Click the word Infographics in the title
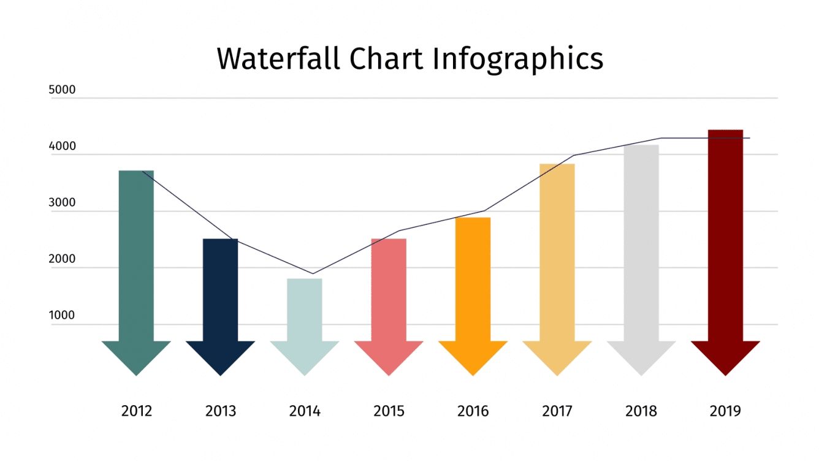point(518,59)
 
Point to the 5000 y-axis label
point(62,90)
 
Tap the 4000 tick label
point(62,147)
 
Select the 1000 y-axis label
point(62,316)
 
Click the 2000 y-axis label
point(62,259)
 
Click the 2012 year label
point(136,411)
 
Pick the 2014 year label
point(305,411)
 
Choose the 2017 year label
point(557,411)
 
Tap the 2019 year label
point(725,411)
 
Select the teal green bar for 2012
point(136,257)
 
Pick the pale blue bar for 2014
point(305,310)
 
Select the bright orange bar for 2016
point(473,279)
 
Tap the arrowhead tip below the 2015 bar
point(389,374)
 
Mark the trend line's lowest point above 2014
point(313,273)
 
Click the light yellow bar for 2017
point(557,251)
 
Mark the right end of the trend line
point(749,138)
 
